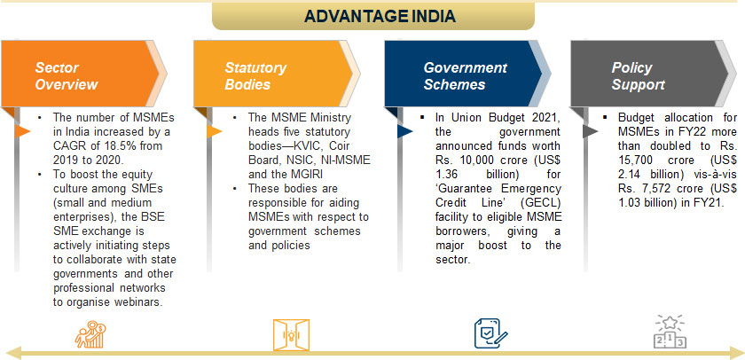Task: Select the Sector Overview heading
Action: [x=67, y=76]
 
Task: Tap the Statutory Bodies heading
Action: [x=255, y=76]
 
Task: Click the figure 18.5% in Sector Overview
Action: [x=107, y=142]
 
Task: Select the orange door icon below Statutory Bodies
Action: [x=287, y=333]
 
